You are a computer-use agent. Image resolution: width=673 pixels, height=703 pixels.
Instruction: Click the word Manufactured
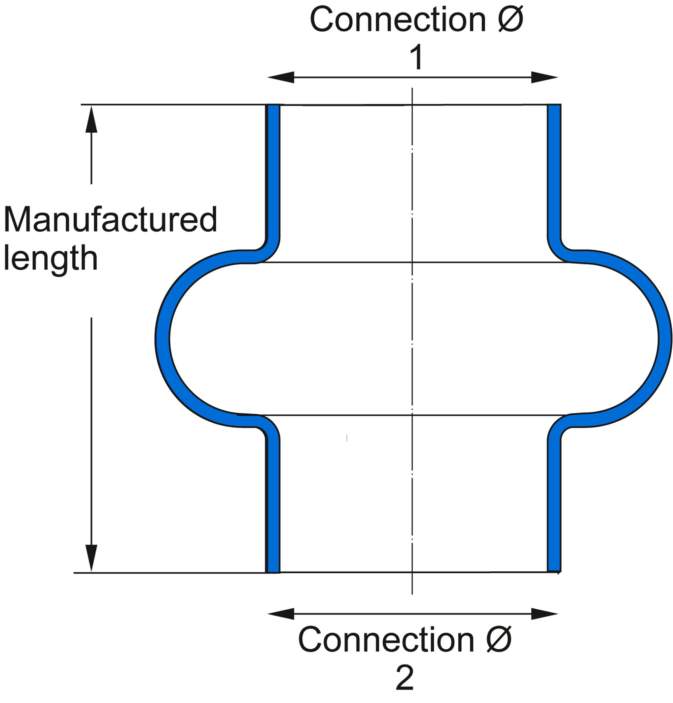[110, 220]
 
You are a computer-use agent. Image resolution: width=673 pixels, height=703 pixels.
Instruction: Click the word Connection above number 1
[397, 20]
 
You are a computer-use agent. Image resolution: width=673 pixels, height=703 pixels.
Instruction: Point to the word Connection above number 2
[386, 641]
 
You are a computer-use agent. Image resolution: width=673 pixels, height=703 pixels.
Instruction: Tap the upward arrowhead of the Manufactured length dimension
[92, 120]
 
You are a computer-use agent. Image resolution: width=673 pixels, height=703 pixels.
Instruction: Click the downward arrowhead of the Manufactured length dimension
[92, 558]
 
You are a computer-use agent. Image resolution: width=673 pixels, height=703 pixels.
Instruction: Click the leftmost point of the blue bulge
[162, 339]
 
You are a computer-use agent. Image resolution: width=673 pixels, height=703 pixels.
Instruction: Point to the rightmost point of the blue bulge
[665, 339]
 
